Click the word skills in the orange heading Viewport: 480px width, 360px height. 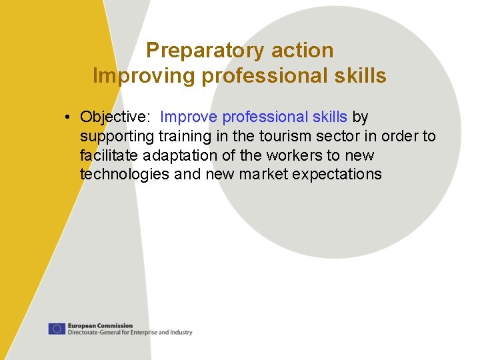pos(360,76)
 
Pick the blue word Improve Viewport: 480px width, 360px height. pos(189,117)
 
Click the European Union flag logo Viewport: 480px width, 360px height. pos(57,329)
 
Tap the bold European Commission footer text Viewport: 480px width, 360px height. pos(100,326)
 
